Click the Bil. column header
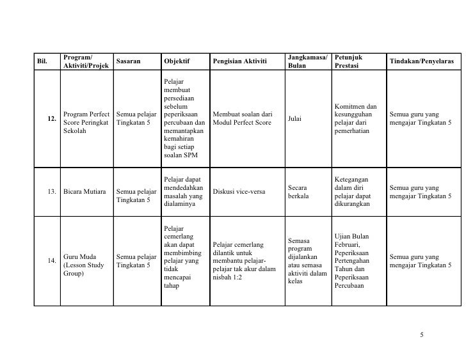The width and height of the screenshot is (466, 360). [x=42, y=61]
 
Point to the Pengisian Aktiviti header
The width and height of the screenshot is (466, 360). [x=239, y=61]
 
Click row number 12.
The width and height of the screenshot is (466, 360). [x=51, y=119]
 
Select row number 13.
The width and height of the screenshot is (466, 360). [x=51, y=192]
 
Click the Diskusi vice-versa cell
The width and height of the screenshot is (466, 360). [x=239, y=192]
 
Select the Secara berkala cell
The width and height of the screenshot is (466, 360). [x=298, y=192]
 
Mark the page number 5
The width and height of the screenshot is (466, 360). [x=422, y=334]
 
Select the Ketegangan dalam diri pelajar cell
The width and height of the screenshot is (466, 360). [x=355, y=192]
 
